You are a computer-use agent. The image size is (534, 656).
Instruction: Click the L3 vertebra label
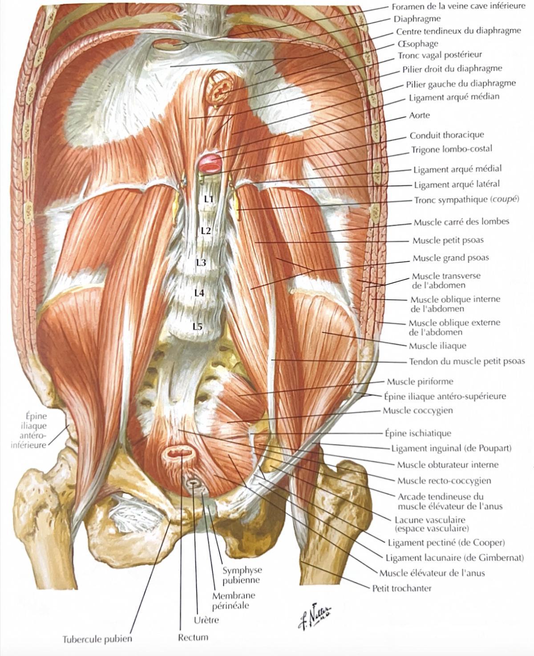201,263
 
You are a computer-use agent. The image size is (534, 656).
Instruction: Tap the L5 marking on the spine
198,327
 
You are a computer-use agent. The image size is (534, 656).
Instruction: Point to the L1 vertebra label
209,199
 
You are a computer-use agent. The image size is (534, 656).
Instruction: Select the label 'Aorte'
419,115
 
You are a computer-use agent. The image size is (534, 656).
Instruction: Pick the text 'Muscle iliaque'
437,345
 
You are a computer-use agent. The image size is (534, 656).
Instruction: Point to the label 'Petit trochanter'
402,588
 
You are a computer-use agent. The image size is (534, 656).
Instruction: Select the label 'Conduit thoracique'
447,135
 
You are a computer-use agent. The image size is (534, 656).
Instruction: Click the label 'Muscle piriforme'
420,381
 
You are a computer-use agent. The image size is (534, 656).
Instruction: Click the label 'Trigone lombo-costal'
452,150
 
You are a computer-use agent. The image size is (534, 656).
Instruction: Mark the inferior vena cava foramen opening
170,46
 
